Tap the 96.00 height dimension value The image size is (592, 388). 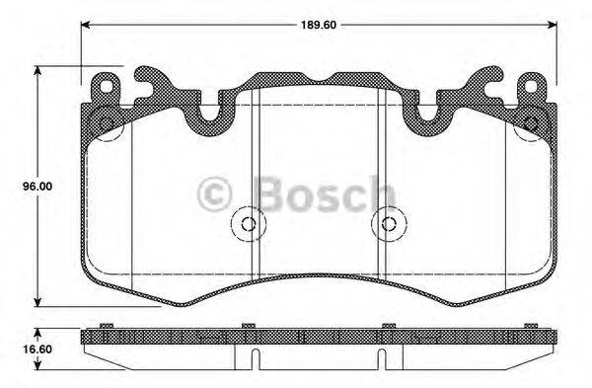click(16, 184)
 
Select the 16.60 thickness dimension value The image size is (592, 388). click(16, 349)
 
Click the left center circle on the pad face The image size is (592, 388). click(247, 224)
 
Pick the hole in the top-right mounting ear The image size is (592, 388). click(534, 87)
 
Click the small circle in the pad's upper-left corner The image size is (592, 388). click(104, 123)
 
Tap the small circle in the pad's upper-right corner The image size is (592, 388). click(532, 123)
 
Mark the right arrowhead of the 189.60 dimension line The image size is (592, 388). click(549, 25)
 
